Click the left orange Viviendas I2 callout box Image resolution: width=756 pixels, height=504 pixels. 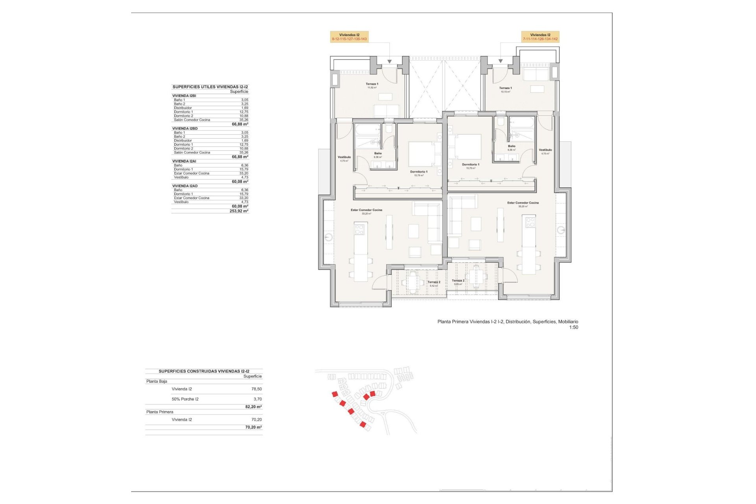tap(349, 37)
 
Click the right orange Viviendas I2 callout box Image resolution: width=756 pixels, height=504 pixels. tap(540, 37)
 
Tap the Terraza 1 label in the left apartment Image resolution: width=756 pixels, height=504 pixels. tap(372, 84)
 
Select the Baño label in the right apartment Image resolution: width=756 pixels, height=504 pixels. tap(511, 146)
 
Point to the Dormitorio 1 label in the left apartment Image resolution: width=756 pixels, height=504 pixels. tap(419, 172)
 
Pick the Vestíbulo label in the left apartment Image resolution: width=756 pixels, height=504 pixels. tap(344, 157)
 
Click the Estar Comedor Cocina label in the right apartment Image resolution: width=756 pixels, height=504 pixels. tap(523, 203)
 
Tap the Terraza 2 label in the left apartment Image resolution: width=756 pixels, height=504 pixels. tap(434, 282)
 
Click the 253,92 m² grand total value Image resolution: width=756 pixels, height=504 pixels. tap(239, 211)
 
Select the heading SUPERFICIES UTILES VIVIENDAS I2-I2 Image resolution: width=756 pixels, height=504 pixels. tap(210, 87)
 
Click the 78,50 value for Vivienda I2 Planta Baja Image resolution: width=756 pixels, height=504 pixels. tap(256, 389)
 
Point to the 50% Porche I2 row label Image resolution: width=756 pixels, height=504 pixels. tap(185, 399)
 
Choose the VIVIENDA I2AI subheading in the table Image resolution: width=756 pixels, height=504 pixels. tap(184, 161)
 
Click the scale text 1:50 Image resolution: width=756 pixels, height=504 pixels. tap(573, 327)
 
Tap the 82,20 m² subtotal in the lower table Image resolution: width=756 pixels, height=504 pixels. tap(253, 407)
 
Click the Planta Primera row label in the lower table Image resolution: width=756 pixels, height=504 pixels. tap(159, 412)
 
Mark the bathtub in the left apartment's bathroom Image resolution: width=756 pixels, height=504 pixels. tap(368, 130)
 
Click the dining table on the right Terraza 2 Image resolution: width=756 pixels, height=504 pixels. tap(476, 277)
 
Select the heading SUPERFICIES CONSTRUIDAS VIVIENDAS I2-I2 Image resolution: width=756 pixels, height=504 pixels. tap(204, 371)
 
